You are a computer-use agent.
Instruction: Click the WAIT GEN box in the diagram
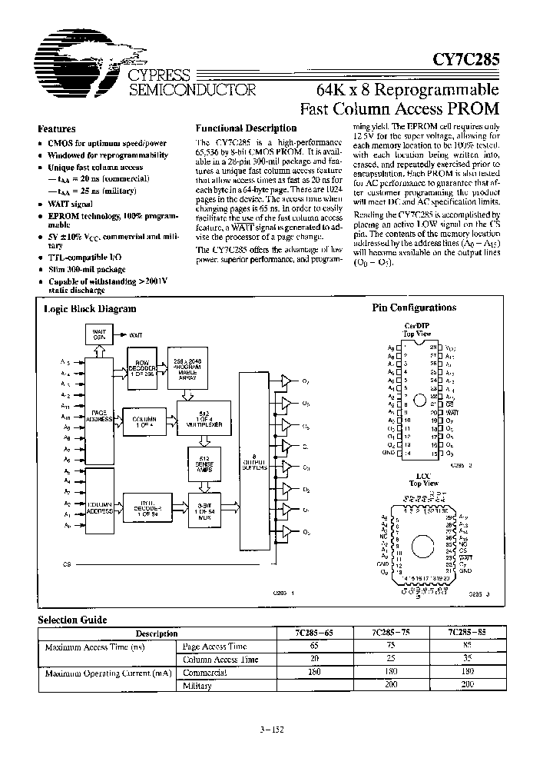99,336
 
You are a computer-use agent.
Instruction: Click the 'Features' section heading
57,129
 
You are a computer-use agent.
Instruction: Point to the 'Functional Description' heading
246,128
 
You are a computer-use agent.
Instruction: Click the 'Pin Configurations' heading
414,308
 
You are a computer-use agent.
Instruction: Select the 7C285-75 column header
389,633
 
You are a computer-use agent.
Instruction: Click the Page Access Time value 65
313,647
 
